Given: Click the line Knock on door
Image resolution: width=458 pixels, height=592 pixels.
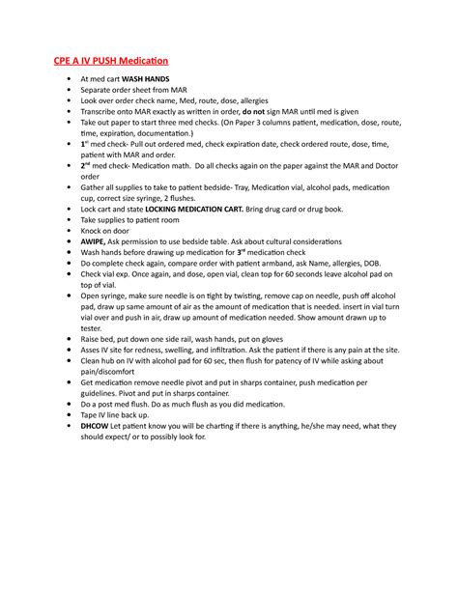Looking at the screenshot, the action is click(x=106, y=231).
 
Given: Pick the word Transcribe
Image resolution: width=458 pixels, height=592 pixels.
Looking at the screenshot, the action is click(x=103, y=112).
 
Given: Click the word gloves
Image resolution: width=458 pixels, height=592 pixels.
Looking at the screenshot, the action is click(x=268, y=341).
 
